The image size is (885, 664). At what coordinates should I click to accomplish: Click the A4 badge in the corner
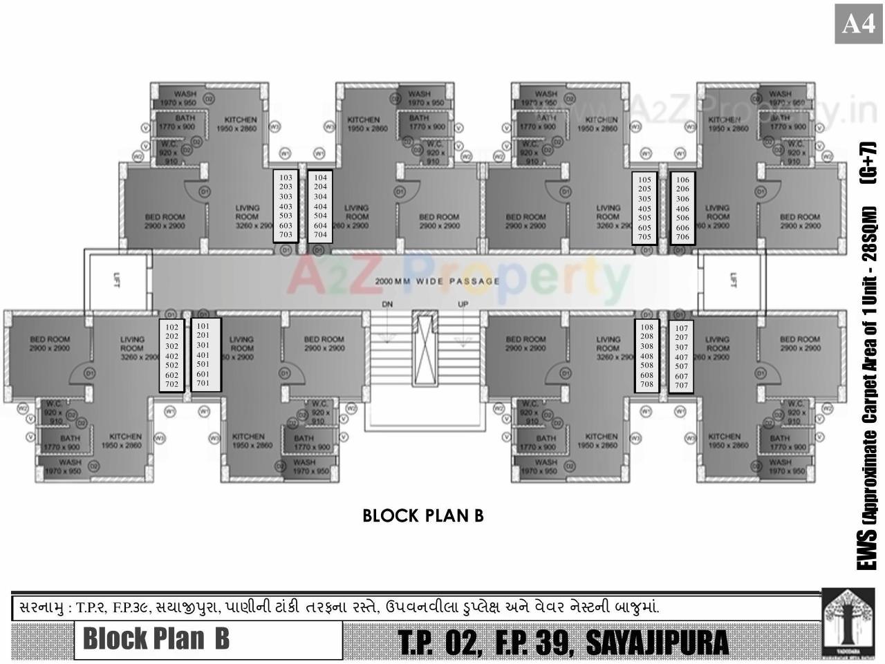[859, 24]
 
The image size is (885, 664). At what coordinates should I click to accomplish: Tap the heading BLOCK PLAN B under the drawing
[422, 515]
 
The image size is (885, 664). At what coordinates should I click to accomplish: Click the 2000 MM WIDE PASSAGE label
[437, 281]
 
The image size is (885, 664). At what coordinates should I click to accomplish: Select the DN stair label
[387, 304]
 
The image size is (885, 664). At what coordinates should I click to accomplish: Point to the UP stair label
[463, 304]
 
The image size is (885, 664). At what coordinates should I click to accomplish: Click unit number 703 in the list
[286, 235]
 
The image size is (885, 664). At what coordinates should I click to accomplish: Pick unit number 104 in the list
[320, 178]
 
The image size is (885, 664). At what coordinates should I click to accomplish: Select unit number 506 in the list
[682, 218]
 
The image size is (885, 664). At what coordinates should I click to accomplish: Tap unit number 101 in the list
[203, 325]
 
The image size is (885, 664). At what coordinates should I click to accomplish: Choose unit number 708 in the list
[646, 384]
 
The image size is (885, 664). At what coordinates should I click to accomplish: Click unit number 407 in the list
[682, 357]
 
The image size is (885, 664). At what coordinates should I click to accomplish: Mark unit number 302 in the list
[172, 346]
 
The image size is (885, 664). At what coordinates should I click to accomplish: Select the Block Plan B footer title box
[208, 639]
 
